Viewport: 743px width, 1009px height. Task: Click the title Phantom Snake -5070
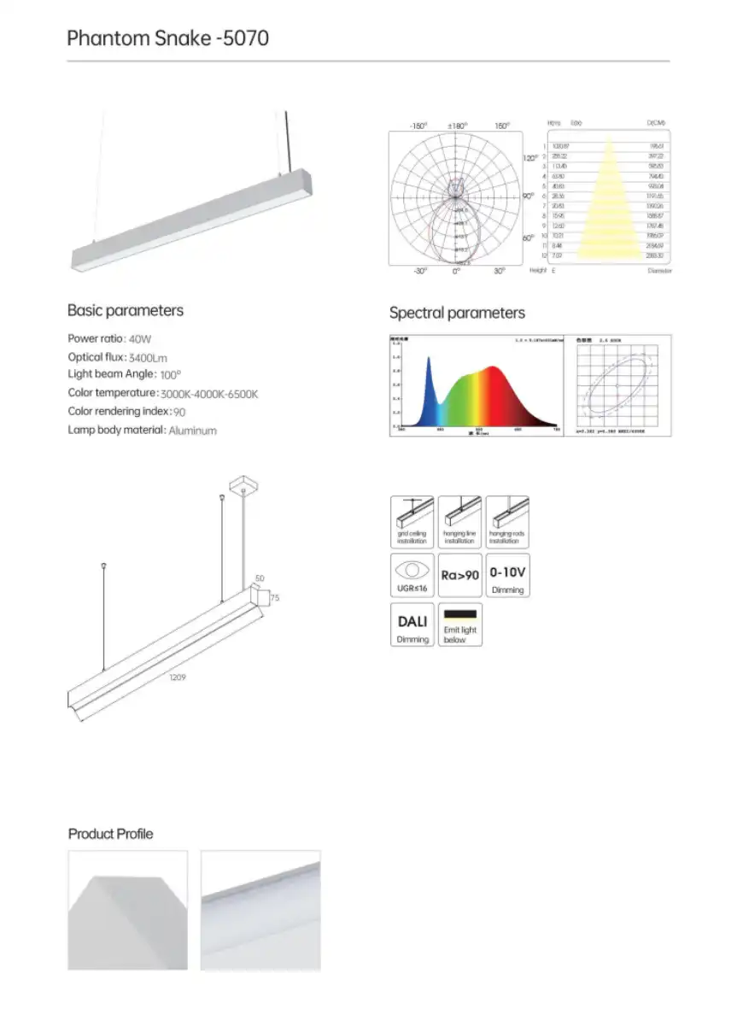[167, 38]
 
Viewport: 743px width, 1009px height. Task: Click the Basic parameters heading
[126, 310]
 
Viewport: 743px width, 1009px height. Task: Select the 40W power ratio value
[139, 338]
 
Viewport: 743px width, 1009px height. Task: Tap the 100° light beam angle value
[170, 375]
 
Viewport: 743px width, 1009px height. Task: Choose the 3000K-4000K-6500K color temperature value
[209, 394]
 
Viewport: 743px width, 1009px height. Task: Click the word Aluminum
[192, 431]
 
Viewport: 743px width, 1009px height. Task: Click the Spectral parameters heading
[457, 313]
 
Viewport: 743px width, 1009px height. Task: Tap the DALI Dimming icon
[412, 625]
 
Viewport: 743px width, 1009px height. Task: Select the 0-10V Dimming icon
[507, 576]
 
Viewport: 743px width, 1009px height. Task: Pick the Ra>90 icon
[459, 576]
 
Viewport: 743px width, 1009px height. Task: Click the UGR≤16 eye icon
[412, 576]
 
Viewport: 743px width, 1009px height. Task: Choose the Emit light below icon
[460, 625]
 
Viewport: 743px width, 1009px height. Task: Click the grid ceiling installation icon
[412, 522]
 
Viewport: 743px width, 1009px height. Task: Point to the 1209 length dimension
[178, 678]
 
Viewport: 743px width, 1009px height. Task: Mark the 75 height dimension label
[275, 599]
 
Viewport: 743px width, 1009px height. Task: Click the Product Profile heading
[111, 834]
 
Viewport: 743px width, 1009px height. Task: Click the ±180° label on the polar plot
[458, 126]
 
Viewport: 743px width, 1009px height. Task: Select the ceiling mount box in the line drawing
[244, 484]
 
